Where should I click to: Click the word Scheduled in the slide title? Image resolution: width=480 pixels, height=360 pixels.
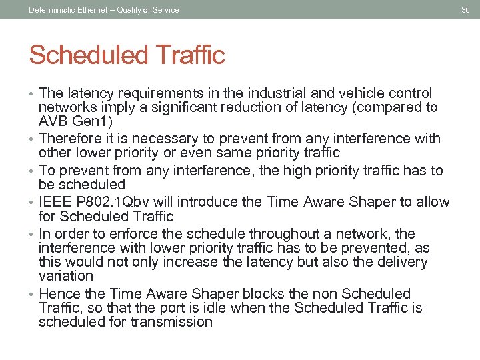point(83,55)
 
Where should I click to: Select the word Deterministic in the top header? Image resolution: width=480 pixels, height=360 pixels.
point(51,9)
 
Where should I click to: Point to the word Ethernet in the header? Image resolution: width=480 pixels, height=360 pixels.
point(91,9)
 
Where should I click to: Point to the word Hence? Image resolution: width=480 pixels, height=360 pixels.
point(57,294)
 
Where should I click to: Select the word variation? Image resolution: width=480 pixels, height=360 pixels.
point(66,276)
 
